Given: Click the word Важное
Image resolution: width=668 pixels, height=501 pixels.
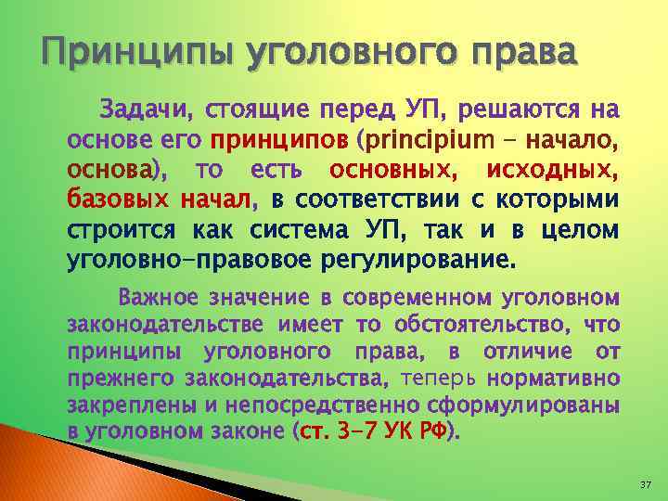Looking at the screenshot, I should point(157,299).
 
